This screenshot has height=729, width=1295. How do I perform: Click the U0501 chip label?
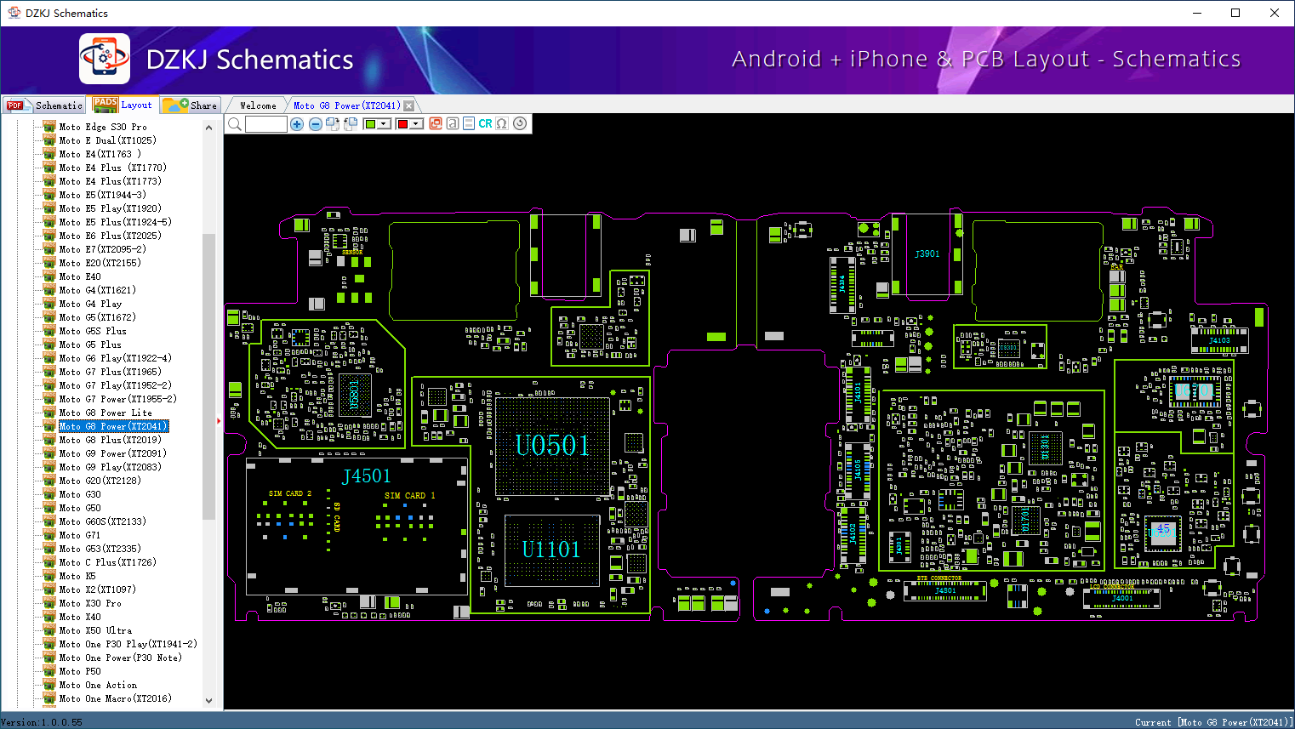(552, 445)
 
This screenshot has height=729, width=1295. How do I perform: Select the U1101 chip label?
(551, 550)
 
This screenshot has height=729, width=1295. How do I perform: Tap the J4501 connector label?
(366, 476)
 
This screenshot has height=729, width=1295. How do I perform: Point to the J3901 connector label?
(927, 253)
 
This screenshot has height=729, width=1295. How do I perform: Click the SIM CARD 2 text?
(290, 493)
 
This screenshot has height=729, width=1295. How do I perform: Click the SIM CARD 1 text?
(409, 495)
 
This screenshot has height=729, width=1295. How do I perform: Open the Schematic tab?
(46, 105)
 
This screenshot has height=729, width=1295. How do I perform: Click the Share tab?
(191, 105)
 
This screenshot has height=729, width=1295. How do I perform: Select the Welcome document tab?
(258, 105)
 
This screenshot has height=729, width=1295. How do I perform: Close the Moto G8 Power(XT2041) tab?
(409, 105)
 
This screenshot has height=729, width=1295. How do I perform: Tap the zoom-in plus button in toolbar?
(297, 124)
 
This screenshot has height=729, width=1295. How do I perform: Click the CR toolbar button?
(485, 124)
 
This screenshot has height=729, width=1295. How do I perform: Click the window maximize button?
(1235, 13)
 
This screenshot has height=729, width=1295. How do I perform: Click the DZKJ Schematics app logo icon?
(105, 59)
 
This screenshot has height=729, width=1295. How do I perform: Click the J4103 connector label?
(1219, 340)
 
